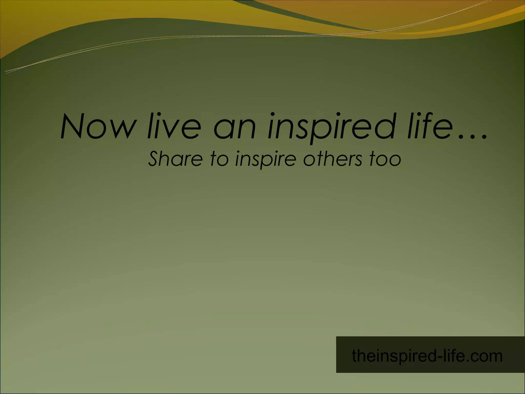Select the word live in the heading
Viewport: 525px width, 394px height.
tap(174, 126)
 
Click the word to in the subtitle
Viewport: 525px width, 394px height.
tap(219, 159)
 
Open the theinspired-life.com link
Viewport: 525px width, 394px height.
tap(427, 356)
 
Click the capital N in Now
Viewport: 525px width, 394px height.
tap(74, 126)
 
